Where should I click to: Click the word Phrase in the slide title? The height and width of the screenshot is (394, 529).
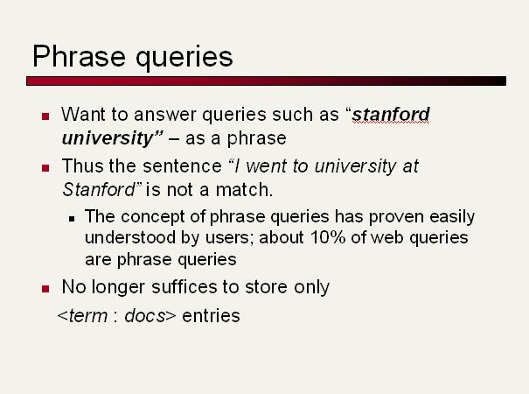[79, 56]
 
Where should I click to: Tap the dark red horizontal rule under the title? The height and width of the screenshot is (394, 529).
[266, 81]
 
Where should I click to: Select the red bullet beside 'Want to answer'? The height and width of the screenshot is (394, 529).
[45, 116]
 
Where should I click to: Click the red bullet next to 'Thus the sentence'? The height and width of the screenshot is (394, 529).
[45, 168]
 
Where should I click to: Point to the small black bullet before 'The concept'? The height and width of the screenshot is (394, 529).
[72, 219]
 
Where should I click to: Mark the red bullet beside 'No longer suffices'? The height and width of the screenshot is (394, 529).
[45, 289]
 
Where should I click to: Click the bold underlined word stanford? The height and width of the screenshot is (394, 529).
[391, 114]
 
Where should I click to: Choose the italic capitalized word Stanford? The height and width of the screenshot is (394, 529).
[99, 189]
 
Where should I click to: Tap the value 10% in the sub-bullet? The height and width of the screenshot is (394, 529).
[328, 237]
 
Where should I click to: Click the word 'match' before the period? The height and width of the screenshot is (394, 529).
[242, 189]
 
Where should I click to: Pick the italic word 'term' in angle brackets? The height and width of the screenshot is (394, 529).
[88, 315]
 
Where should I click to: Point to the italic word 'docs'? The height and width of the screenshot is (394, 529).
[145, 315]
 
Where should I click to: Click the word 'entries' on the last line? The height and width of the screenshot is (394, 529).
[212, 315]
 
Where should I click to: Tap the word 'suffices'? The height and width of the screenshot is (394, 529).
[184, 287]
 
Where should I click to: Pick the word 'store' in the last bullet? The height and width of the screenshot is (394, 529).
[267, 287]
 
